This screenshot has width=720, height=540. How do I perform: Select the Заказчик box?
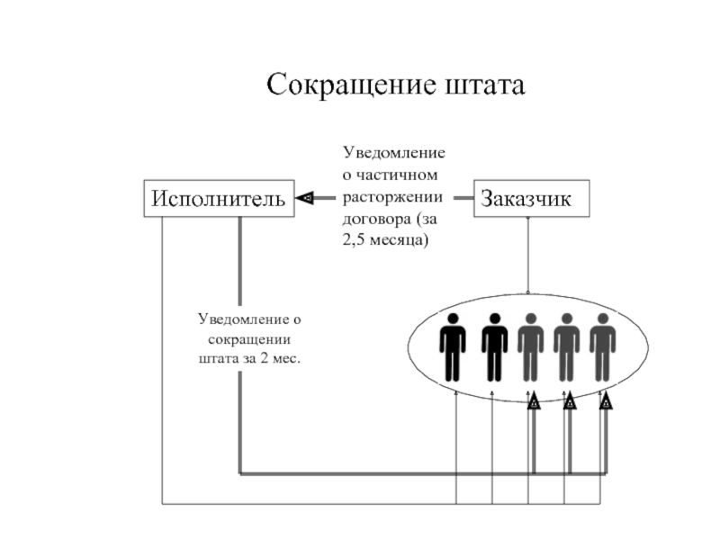pos(531,198)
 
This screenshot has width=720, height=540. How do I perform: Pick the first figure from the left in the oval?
pos(453,346)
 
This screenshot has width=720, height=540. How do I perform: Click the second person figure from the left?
pos(494,346)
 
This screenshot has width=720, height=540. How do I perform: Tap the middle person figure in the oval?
pos(530,346)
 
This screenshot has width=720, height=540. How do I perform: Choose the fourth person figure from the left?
pos(566,346)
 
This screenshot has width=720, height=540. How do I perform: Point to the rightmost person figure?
pos(602,346)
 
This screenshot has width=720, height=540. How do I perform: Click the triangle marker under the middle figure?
pos(533,402)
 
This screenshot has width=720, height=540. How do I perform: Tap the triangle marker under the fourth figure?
pos(569,402)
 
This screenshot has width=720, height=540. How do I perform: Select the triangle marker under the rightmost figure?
pos(606,402)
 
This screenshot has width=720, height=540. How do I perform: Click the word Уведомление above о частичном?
pos(393,154)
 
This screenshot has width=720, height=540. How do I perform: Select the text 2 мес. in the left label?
pos(277,359)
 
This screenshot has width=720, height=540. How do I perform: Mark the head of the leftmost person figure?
pos(453,319)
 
